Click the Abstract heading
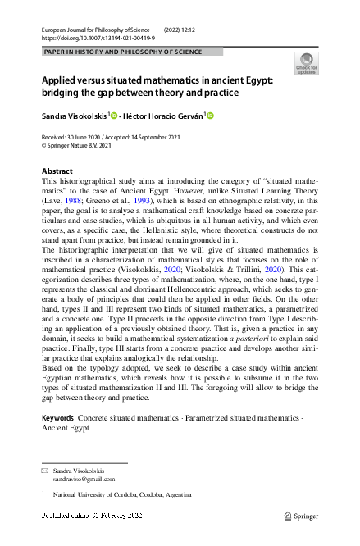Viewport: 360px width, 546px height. [57, 171]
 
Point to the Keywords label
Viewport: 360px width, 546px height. [57, 418]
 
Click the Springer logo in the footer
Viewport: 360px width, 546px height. [301, 516]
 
